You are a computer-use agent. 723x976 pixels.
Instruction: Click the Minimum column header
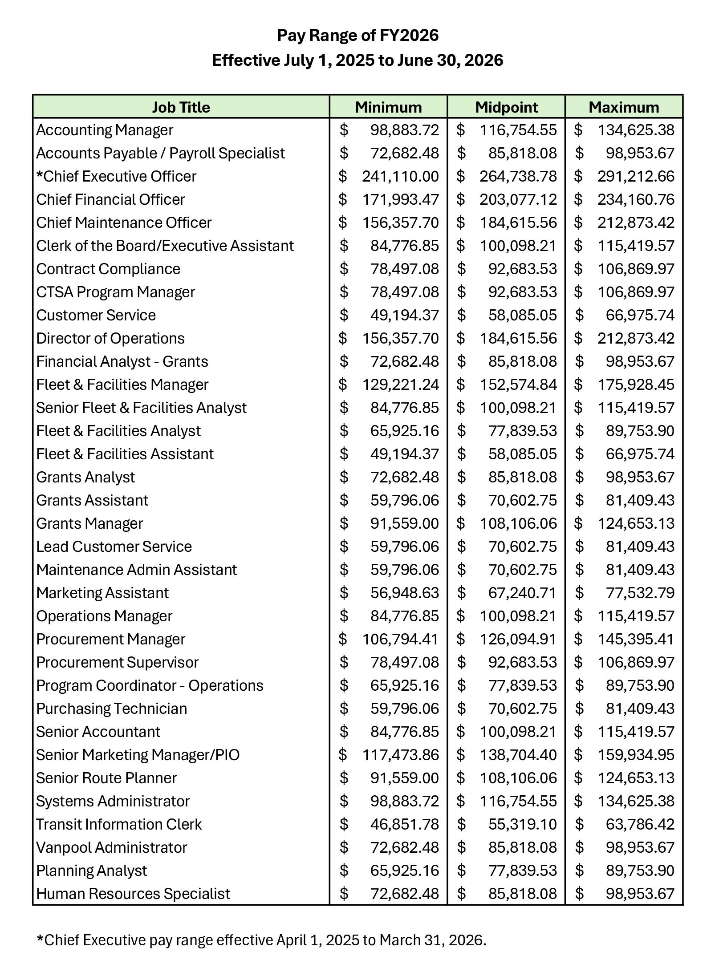coord(388,107)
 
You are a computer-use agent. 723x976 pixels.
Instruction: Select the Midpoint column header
coord(506,107)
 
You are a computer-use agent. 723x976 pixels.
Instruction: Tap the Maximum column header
coord(624,107)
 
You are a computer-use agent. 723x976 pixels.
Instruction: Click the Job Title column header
coord(181,107)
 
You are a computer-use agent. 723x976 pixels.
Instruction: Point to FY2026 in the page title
coord(409,35)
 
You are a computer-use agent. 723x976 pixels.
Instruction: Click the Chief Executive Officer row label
coord(116,176)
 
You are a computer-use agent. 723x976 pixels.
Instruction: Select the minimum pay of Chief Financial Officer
coord(400,199)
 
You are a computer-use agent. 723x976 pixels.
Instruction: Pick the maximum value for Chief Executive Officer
coord(636,176)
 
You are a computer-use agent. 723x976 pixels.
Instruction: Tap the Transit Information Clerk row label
coord(119,824)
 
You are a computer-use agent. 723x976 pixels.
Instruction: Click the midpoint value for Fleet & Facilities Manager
coord(518,385)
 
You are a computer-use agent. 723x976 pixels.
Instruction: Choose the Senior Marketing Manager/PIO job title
coord(138,755)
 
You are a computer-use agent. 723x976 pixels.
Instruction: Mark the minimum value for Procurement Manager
coord(400,639)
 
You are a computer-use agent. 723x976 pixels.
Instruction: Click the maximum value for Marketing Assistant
coord(640,593)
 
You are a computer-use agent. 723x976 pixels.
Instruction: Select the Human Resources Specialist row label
coord(133,894)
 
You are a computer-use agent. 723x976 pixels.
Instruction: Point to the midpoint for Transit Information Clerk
coord(522,824)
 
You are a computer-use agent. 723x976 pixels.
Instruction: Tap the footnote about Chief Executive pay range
coord(261,940)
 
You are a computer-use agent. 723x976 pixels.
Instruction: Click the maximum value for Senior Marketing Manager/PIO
coord(636,755)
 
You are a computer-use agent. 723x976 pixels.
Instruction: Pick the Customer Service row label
coord(96,315)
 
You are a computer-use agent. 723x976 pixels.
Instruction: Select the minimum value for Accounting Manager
coord(404,130)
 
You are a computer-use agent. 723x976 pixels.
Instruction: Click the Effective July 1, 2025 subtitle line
coord(357,60)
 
